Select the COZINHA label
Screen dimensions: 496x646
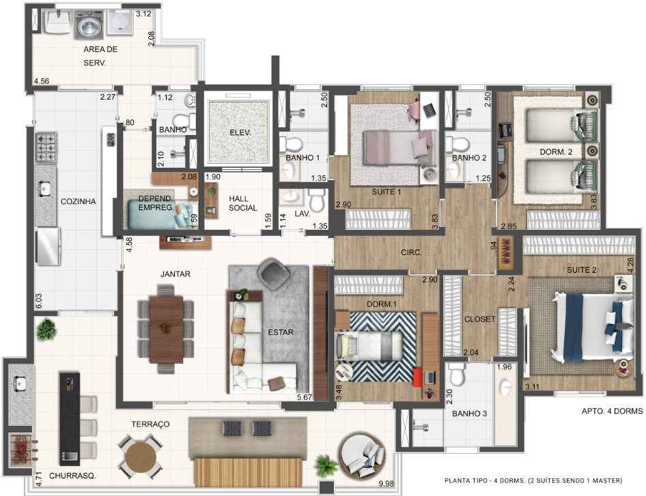coord(77,201)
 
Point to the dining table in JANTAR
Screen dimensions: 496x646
coord(166,328)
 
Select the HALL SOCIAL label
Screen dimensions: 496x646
coord(242,203)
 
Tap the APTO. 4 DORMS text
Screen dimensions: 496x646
coord(611,411)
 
